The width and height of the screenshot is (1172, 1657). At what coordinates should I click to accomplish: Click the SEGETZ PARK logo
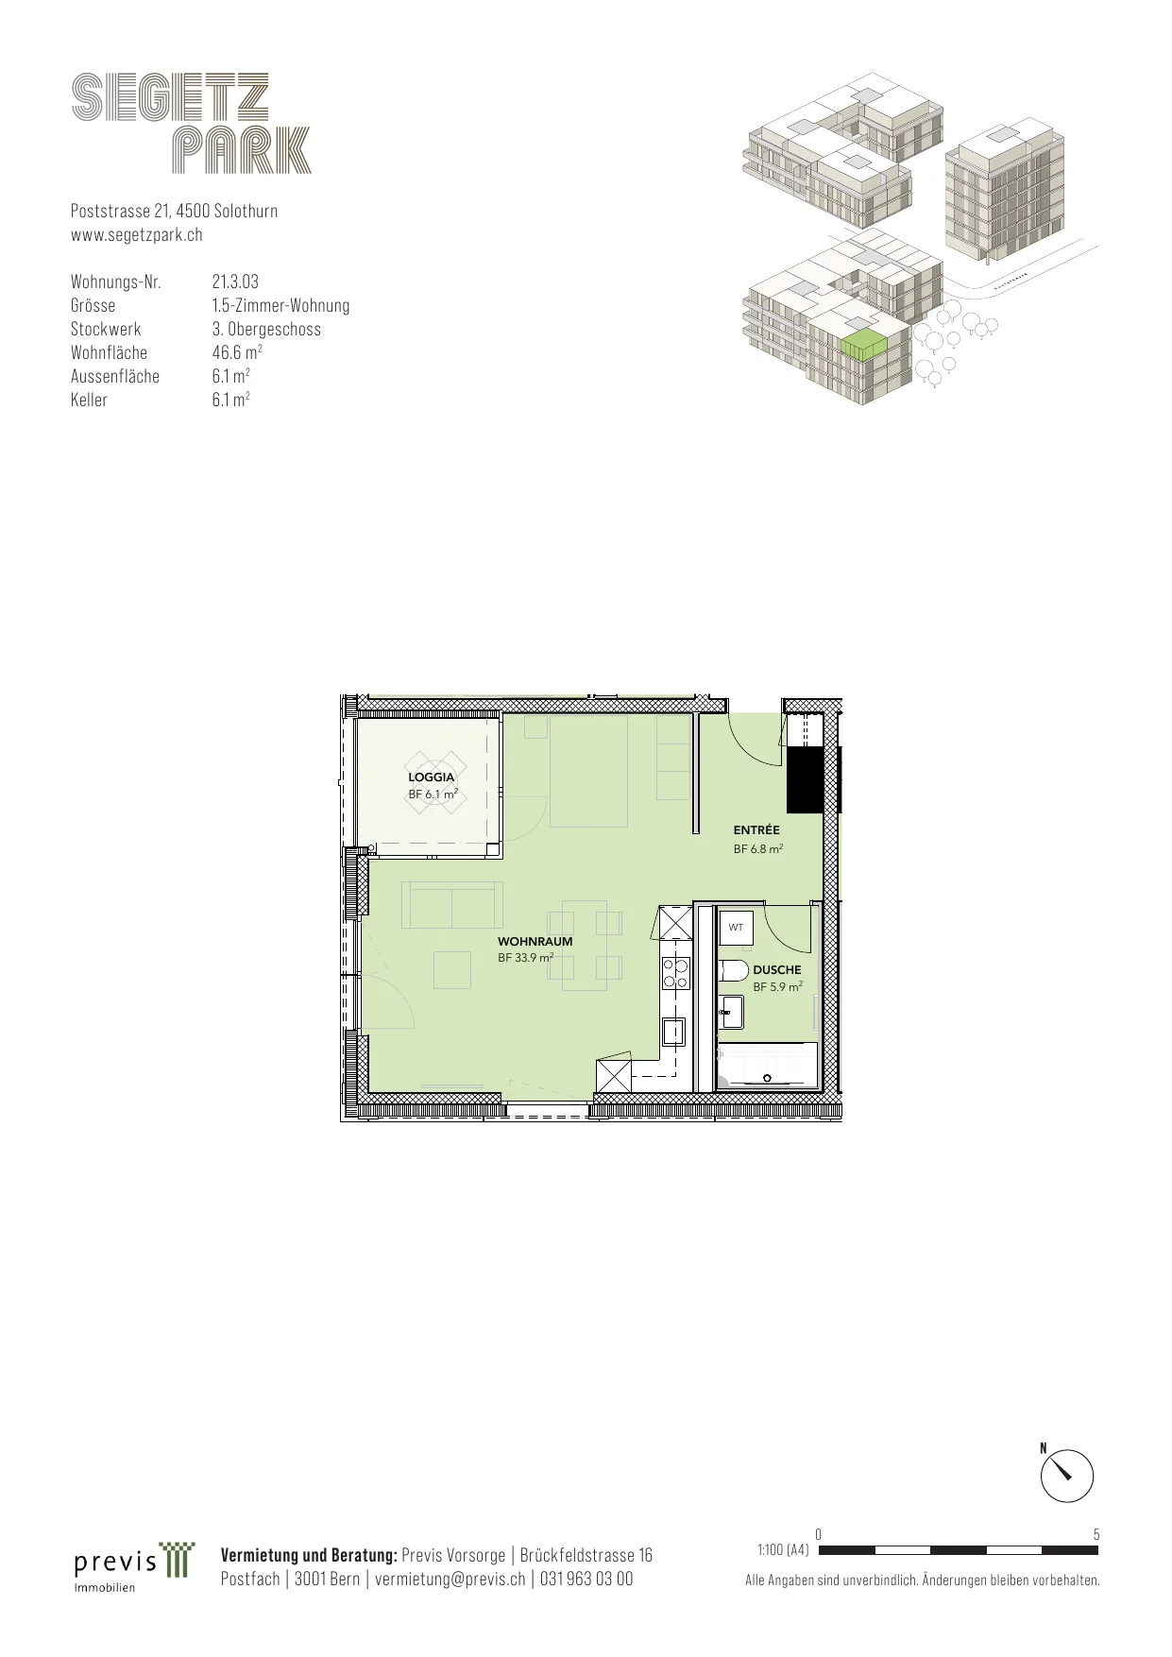click(x=192, y=124)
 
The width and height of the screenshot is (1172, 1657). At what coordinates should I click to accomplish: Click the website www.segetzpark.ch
click(x=137, y=234)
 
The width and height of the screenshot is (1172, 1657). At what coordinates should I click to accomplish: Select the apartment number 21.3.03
click(x=235, y=282)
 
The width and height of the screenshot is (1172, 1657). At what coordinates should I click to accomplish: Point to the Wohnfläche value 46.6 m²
click(x=237, y=352)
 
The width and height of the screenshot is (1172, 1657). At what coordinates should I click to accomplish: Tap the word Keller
click(x=89, y=400)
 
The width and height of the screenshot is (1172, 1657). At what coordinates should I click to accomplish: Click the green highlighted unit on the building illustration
click(x=863, y=345)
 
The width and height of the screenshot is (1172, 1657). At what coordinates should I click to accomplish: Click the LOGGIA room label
click(x=432, y=777)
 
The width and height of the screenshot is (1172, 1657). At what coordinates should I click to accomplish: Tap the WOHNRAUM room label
click(x=535, y=942)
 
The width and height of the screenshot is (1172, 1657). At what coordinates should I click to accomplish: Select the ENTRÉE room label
click(x=756, y=830)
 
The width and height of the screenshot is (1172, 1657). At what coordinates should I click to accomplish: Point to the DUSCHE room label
click(x=777, y=970)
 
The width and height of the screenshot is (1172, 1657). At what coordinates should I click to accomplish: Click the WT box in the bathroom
click(x=737, y=927)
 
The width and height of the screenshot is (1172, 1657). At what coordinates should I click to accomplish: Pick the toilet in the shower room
click(x=734, y=969)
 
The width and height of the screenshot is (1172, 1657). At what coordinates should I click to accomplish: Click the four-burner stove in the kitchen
click(x=675, y=973)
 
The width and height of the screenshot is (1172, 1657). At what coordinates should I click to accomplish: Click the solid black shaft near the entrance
click(x=806, y=779)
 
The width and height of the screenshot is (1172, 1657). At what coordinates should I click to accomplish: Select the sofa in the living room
click(x=452, y=905)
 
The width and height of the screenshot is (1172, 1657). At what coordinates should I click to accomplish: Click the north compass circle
click(x=1067, y=1476)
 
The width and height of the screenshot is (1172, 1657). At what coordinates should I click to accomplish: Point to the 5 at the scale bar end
click(x=1096, y=1534)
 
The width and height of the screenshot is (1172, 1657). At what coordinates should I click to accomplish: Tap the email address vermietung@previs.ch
click(x=450, y=1579)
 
